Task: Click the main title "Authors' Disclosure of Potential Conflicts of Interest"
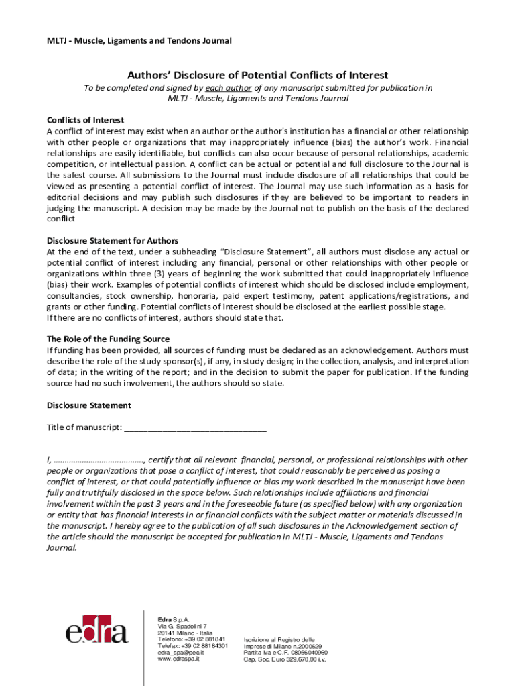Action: pyautogui.click(x=258, y=75)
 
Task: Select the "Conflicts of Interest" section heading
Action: pyautogui.click(x=85, y=120)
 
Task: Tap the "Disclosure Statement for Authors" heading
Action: pyautogui.click(x=112, y=240)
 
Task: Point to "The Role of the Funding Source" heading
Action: pyautogui.click(x=108, y=339)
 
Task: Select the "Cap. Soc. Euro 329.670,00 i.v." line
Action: pyautogui.click(x=285, y=659)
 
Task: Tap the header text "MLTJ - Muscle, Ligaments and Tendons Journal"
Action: pyautogui.click(x=139, y=41)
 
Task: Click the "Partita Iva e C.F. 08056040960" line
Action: pyautogui.click(x=285, y=653)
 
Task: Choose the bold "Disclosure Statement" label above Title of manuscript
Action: pyautogui.click(x=88, y=405)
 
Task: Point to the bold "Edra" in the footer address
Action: pyautogui.click(x=164, y=619)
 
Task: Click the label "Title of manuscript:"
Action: pyautogui.click(x=84, y=427)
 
